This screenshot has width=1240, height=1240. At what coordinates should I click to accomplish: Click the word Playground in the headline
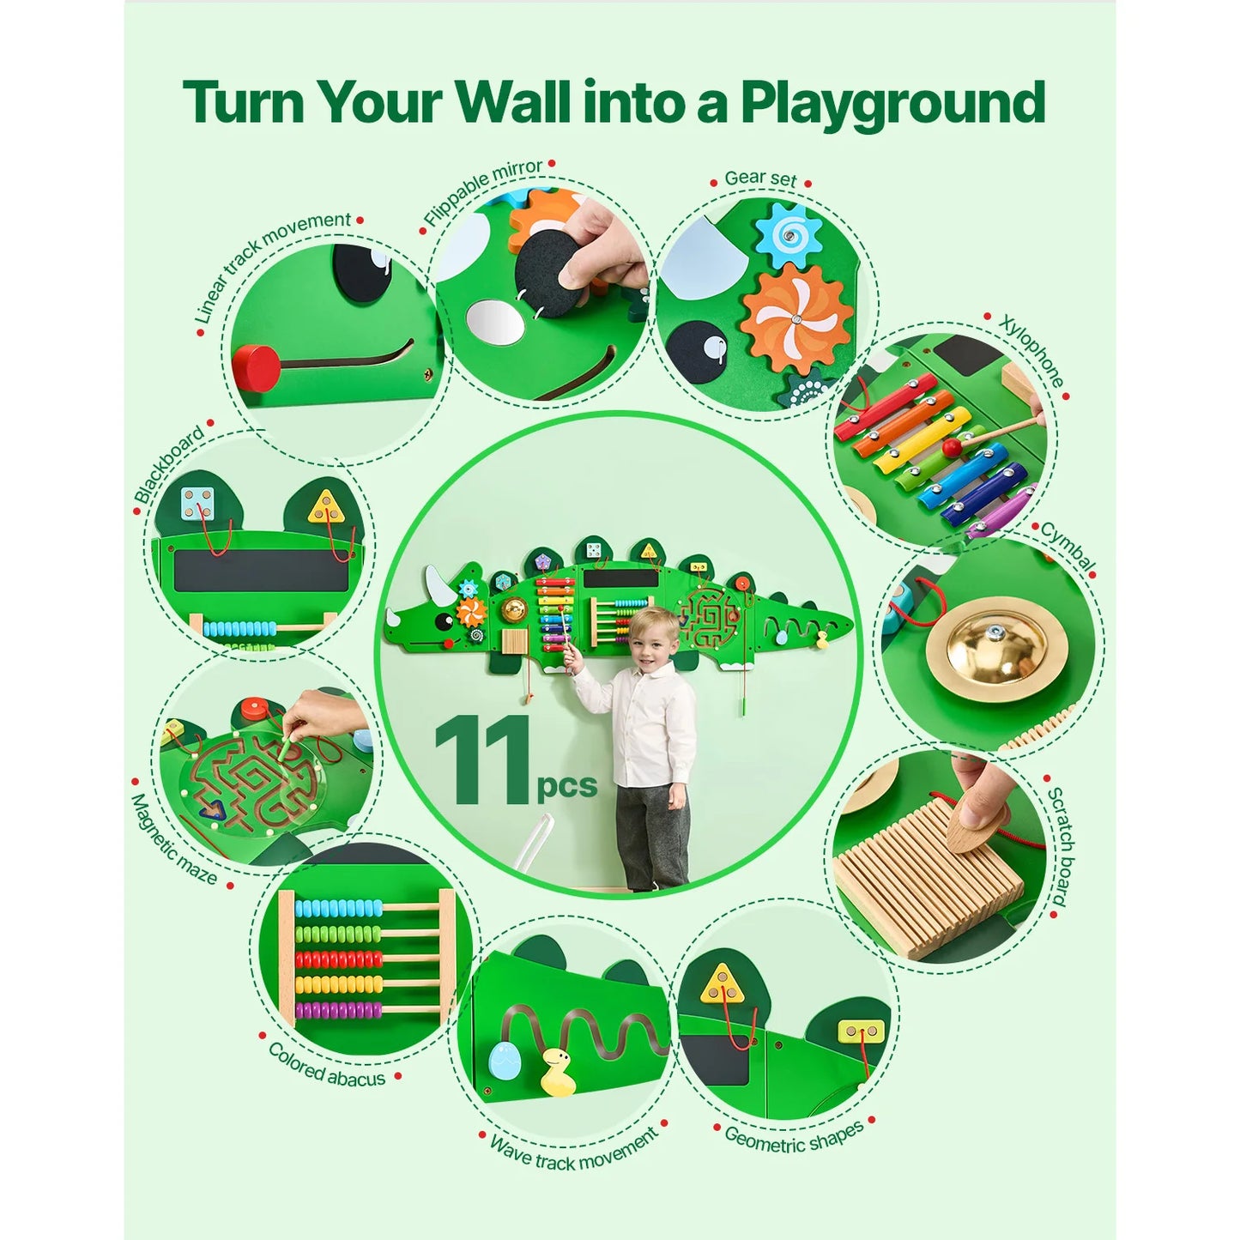[892, 105]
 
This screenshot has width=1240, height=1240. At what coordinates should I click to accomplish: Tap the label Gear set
[760, 178]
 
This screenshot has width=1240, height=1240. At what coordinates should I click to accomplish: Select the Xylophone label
[1032, 352]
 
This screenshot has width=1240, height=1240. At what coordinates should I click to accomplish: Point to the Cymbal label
[1068, 546]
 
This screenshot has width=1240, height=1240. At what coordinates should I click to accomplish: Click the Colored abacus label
[327, 1065]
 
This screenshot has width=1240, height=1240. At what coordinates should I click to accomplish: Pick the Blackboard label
[169, 463]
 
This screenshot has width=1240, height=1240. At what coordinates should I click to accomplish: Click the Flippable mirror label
[482, 192]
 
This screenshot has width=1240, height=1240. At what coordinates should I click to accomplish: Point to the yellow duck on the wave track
[558, 1073]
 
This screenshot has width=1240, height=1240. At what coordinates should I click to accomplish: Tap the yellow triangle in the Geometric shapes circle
[722, 985]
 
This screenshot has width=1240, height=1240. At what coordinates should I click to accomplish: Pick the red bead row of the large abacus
[339, 959]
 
